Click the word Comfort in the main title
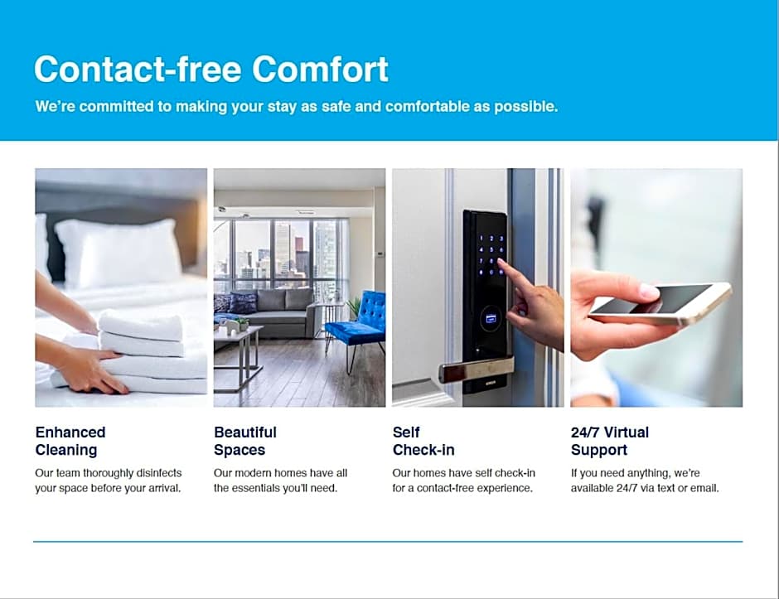click(321, 69)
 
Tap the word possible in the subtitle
click(526, 107)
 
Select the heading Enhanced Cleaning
click(70, 441)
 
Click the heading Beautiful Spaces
click(245, 441)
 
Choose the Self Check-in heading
click(423, 441)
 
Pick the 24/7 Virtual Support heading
click(610, 441)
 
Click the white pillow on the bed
click(119, 253)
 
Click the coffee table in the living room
click(239, 355)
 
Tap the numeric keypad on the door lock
click(491, 255)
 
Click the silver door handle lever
click(475, 369)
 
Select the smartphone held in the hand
click(660, 303)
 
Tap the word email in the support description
click(704, 488)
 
